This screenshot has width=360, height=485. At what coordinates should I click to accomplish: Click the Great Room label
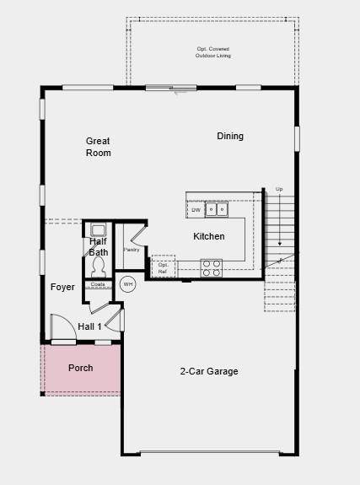98,147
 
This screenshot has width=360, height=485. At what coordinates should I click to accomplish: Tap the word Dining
230,136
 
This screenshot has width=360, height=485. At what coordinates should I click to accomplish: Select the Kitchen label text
209,236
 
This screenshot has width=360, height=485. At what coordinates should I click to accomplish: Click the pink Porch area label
81,368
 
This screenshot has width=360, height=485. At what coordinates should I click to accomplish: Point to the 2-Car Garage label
209,371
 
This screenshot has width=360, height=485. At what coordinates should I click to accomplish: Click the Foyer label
62,287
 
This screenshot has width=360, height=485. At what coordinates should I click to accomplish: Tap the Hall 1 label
89,326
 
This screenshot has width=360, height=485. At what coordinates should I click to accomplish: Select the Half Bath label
99,246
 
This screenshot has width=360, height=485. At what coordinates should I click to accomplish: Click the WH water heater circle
128,284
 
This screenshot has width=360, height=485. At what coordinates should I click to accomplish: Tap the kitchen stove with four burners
211,267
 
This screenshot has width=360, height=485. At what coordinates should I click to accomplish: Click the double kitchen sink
218,209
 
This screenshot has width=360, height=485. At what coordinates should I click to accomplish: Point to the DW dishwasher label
196,210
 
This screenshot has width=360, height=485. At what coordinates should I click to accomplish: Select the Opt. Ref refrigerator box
163,267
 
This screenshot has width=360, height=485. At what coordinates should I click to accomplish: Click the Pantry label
131,250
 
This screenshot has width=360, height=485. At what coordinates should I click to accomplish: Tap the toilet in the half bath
98,266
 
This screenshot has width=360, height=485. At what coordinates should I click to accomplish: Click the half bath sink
98,229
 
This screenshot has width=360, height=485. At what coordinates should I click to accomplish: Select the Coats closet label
98,284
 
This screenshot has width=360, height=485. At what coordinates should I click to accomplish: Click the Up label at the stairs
279,189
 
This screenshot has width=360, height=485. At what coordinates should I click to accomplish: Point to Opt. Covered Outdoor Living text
212,52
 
